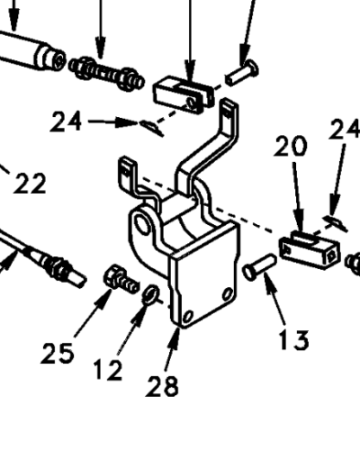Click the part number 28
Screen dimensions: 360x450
[162, 386]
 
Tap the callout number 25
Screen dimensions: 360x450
[58, 353]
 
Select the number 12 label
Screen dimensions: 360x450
[108, 370]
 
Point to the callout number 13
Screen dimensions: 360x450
[293, 339]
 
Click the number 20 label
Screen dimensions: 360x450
[291, 146]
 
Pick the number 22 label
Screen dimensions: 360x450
[30, 183]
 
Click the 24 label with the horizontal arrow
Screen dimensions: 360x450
[67, 121]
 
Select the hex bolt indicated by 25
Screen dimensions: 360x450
[121, 280]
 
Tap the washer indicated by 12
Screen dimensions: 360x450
[150, 294]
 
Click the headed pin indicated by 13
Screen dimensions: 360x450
[259, 267]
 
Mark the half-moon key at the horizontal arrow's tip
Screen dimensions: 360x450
[151, 127]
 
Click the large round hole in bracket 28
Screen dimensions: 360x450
[140, 223]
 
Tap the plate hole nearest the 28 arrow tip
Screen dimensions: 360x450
[188, 316]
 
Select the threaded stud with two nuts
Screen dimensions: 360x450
[106, 73]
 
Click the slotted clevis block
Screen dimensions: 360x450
[184, 94]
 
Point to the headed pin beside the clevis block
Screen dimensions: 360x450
[242, 72]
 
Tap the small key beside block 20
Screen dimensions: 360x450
[336, 223]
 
